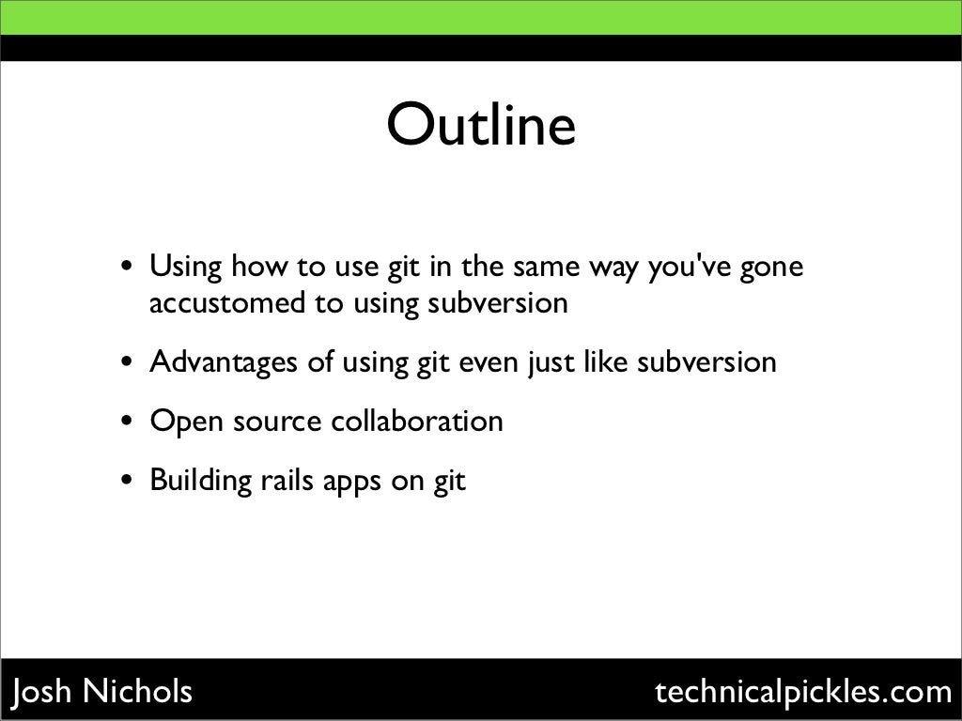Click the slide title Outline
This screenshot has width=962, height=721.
coord(480,127)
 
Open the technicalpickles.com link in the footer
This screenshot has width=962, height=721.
coord(803,693)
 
